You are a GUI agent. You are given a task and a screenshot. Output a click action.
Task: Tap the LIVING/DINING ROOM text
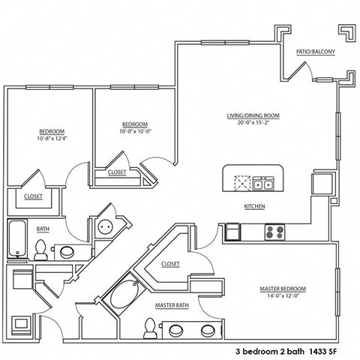pos(253,115)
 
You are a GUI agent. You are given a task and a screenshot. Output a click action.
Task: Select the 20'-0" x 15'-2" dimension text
pos(253,124)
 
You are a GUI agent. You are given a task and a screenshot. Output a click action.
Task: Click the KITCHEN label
pos(255,207)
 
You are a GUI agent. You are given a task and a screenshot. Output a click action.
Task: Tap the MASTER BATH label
pos(171,306)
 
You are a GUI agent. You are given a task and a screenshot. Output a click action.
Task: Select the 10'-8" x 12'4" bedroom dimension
pos(51,139)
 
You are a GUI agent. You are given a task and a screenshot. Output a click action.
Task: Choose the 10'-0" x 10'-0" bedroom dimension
pos(134,131)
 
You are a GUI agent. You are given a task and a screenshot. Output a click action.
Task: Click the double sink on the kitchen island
pos(262,182)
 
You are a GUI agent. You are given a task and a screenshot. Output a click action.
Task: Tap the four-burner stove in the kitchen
pos(274,232)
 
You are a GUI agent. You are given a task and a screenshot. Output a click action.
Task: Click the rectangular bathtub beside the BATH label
pos(17,238)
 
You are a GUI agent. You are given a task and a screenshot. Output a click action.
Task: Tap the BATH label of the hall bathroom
pos(43,229)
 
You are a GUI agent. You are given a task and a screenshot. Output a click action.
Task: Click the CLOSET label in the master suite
pos(171,264)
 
